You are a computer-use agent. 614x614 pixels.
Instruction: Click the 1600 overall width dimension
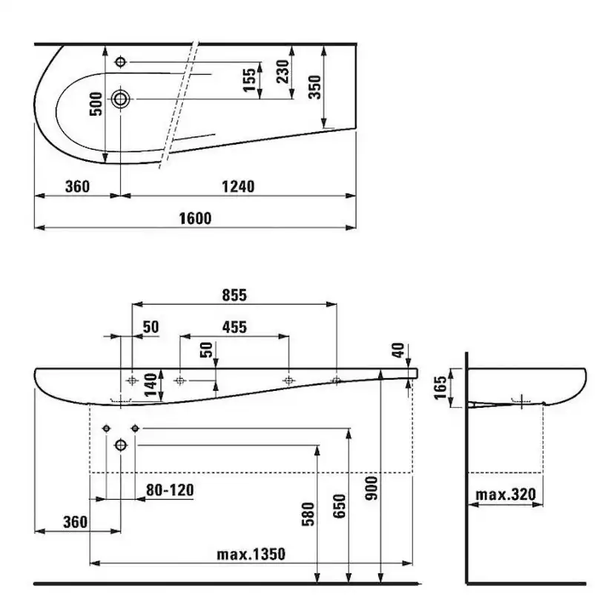point(195,219)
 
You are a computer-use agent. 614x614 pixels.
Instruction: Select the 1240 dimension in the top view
point(238,186)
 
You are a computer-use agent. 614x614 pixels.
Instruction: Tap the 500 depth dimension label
point(96,104)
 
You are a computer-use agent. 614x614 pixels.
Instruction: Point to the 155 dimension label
point(249,80)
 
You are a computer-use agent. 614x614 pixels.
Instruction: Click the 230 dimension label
point(283,71)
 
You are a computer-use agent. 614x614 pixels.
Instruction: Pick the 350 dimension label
point(314,87)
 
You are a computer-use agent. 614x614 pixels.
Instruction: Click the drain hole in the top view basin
point(120,99)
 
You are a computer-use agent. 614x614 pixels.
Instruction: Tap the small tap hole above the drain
point(120,62)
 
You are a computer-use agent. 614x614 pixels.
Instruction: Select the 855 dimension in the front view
point(234,295)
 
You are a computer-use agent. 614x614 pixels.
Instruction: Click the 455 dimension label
point(234,327)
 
